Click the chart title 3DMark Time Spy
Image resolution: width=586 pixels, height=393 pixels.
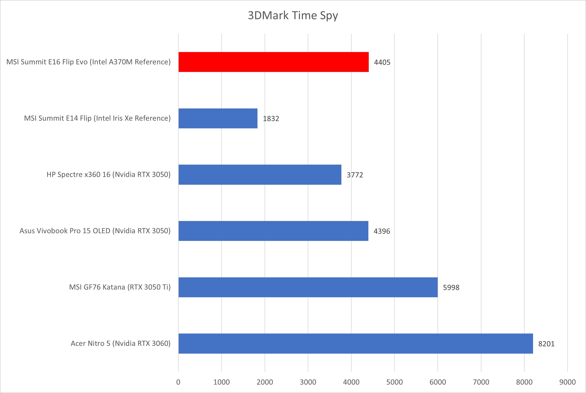point(293,16)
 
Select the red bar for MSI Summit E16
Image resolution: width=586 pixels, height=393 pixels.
point(273,62)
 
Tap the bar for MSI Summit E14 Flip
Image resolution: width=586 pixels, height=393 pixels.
point(218,118)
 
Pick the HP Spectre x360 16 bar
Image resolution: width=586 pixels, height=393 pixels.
point(260,174)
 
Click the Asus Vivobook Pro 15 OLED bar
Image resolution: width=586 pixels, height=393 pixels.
point(273,231)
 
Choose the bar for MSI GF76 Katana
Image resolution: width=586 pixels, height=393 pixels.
point(308,287)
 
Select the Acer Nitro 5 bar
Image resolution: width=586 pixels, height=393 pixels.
point(356,343)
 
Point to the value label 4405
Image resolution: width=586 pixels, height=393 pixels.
point(382,62)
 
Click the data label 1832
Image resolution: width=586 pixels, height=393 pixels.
point(271,119)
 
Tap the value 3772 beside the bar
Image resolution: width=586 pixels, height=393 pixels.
point(355,175)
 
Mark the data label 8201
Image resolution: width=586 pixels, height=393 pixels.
point(546,344)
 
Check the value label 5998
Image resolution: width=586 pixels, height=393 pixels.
point(451,288)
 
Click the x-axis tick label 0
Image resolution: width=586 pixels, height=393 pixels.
point(178,382)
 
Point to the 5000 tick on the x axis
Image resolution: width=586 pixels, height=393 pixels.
point(394,382)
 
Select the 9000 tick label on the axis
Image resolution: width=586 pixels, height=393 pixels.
point(567,382)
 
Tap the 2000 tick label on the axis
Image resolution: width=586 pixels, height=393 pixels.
point(265,382)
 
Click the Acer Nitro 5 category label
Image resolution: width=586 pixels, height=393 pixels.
point(121,343)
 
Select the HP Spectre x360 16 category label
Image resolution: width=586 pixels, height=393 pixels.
point(109,174)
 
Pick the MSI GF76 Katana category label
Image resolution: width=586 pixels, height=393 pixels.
point(120,287)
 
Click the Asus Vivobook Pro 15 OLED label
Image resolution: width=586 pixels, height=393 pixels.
point(95,231)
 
